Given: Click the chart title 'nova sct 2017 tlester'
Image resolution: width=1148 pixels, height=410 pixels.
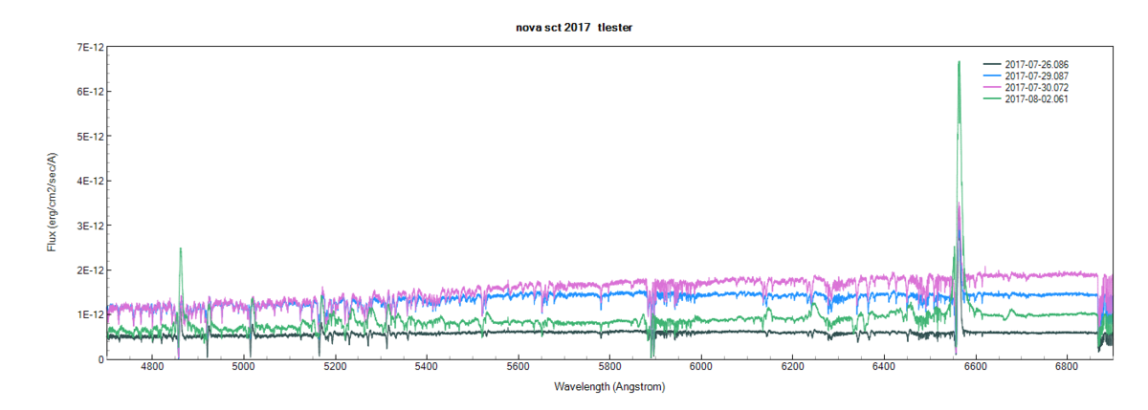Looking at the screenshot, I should coord(574,28).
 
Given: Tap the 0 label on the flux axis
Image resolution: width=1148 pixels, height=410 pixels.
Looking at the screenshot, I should coord(99,359).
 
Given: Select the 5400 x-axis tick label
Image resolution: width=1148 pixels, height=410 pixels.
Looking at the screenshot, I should coord(427,368).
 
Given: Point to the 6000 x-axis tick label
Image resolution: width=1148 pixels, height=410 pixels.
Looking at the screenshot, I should coord(701,368).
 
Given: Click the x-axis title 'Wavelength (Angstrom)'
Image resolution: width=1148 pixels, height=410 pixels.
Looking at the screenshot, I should coord(608,387).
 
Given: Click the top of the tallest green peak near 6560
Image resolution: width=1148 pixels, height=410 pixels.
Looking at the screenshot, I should coord(959,62).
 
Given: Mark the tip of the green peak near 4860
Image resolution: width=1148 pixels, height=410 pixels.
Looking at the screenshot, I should coord(180,248).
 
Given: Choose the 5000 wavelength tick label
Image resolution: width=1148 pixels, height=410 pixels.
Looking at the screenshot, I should coord(244,368).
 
